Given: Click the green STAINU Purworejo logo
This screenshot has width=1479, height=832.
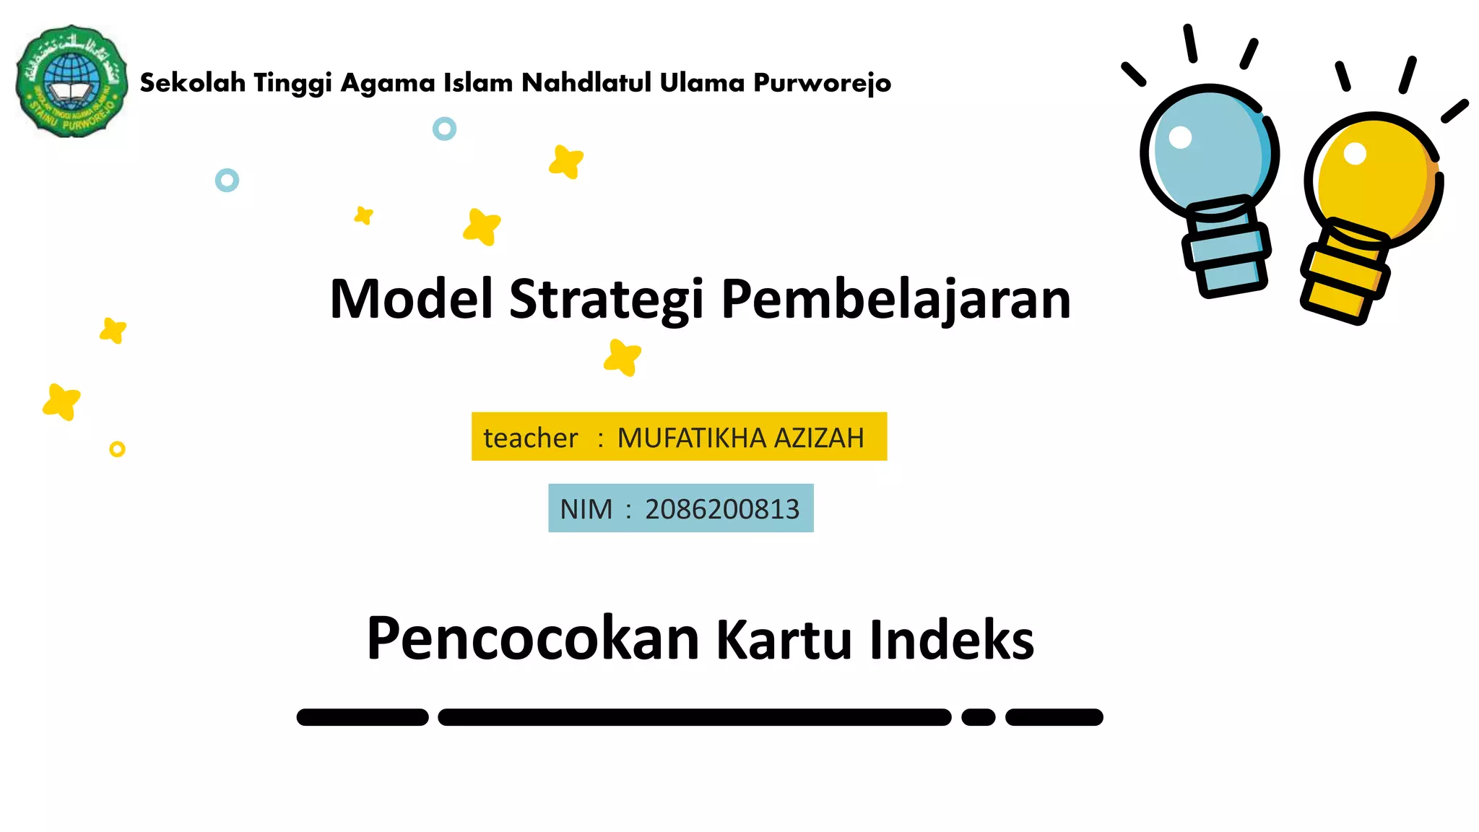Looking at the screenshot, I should coord(71,81).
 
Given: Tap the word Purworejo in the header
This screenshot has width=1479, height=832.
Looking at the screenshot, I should coord(822,83).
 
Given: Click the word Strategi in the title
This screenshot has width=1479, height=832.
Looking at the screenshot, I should coord(606,299).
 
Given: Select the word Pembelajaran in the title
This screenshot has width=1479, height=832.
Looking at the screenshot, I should coord(895,299).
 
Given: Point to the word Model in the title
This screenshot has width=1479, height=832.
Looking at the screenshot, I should coord(412,299).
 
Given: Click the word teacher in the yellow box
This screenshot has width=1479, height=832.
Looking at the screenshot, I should coord(530,438).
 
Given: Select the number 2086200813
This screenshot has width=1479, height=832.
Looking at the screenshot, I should coord(722,509).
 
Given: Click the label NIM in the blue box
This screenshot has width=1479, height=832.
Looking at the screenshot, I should coord(586,509).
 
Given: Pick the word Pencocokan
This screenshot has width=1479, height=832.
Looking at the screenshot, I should coord(533,638).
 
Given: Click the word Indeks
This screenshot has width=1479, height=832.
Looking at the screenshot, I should coord(952,640).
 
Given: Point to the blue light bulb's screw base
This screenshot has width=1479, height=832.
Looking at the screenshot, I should coord(1227,249).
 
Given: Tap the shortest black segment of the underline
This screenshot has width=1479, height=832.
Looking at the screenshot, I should coord(979,717).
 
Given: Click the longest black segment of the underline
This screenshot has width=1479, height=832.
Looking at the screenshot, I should coord(694,717).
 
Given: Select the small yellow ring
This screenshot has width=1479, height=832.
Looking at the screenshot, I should coord(117,449).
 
